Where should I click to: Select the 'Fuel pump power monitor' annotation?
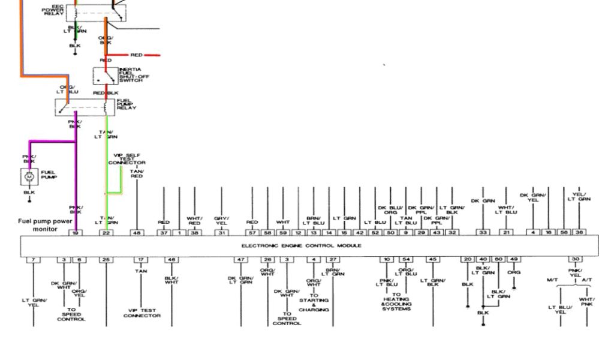click(44, 225)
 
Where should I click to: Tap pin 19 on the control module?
click(75, 232)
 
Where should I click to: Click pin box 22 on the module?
click(106, 232)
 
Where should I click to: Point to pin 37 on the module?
click(164, 232)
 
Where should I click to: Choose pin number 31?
click(222, 232)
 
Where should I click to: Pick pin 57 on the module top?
click(252, 232)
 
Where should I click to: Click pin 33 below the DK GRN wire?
click(483, 232)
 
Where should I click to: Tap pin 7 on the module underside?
click(33, 259)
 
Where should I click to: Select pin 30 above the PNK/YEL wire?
click(575, 259)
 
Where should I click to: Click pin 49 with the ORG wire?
click(514, 259)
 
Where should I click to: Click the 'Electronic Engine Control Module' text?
click(301, 245)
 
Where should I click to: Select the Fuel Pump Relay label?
click(127, 105)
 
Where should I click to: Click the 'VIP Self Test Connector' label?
click(127, 159)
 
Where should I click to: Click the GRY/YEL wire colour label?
click(222, 220)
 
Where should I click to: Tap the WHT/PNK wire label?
click(586, 302)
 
